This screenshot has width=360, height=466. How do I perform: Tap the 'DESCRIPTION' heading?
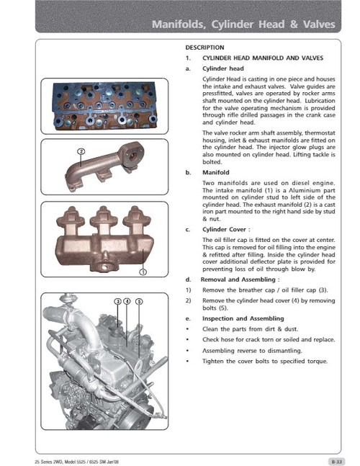(x=204, y=47)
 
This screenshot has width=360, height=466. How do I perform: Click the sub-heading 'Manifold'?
(x=215, y=174)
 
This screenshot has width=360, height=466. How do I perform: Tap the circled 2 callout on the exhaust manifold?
(x=81, y=151)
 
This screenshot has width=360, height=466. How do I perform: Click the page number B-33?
(x=336, y=459)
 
